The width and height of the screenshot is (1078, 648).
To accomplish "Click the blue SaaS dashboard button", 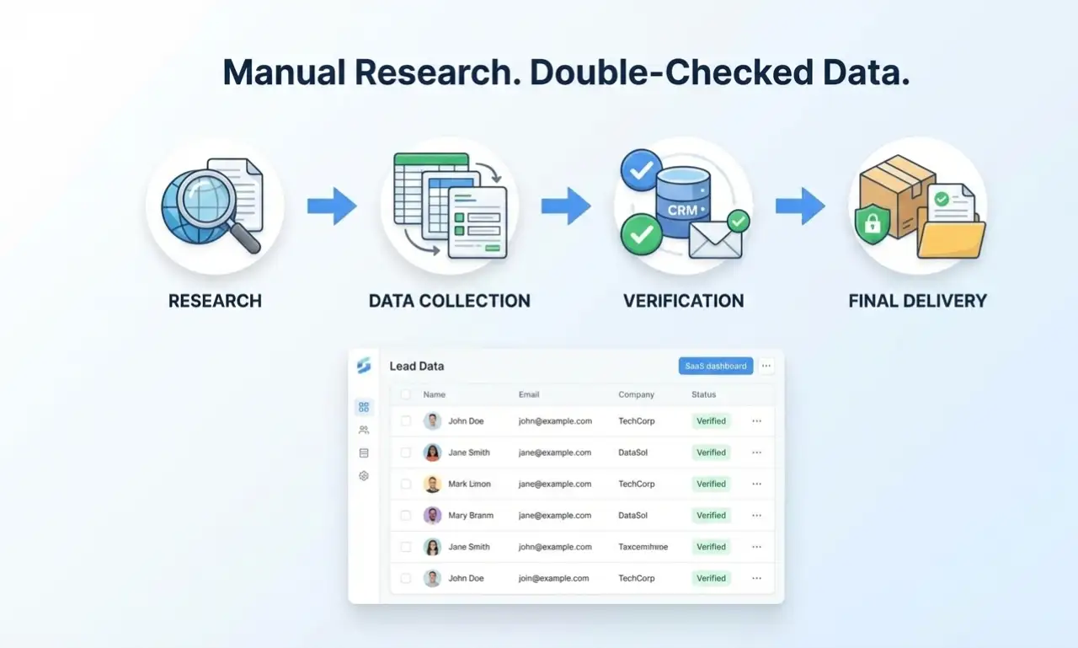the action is pyautogui.click(x=716, y=366).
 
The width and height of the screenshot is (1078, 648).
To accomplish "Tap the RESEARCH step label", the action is pyautogui.click(x=215, y=301).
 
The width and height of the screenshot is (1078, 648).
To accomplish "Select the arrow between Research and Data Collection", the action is pyautogui.click(x=332, y=206).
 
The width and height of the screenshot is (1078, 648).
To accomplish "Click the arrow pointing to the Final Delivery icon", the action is pyautogui.click(x=800, y=206).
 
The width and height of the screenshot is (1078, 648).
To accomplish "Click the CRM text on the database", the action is pyautogui.click(x=682, y=211).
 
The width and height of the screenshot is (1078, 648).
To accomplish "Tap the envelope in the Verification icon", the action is pyautogui.click(x=715, y=240).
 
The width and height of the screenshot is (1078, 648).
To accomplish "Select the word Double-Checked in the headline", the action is pyautogui.click(x=671, y=72).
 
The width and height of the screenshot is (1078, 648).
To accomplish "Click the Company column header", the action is pyautogui.click(x=636, y=394).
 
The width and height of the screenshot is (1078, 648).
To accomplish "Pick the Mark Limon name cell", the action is pyautogui.click(x=470, y=484).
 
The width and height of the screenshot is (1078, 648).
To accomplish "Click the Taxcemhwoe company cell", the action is pyautogui.click(x=643, y=547).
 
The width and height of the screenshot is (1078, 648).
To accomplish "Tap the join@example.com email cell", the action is pyautogui.click(x=553, y=578).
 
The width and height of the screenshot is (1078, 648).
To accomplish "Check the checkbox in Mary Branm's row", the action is pyautogui.click(x=406, y=516).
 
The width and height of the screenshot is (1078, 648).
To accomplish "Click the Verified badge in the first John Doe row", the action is pyautogui.click(x=712, y=420).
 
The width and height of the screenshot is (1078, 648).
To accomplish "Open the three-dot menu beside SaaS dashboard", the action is pyautogui.click(x=766, y=366).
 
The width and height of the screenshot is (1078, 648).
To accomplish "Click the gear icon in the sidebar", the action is pyautogui.click(x=364, y=475).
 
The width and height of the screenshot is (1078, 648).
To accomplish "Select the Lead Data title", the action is pyautogui.click(x=417, y=367).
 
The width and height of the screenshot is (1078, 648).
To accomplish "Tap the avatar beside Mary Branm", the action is pyautogui.click(x=432, y=515).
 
